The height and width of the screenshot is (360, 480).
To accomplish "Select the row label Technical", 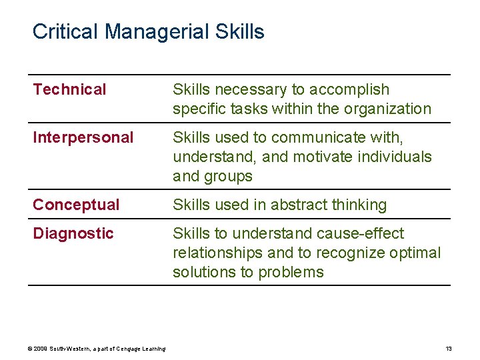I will coord(69,89).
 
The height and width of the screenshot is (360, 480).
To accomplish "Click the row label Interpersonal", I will coord(83,137).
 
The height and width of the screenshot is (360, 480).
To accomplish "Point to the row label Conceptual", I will coord(76,205).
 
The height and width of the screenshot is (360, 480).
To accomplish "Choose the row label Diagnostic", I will coord(73,233).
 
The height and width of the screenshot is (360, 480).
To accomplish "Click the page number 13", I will coord(449,349).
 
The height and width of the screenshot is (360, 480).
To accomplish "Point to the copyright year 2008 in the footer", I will coord(41,349).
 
